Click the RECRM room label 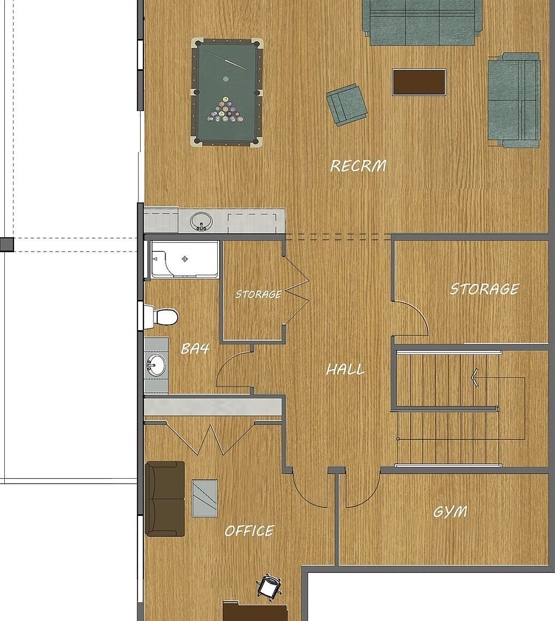pyautogui.click(x=358, y=165)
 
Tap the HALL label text pyautogui.click(x=345, y=369)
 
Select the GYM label pyautogui.click(x=450, y=512)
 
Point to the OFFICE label pyautogui.click(x=249, y=530)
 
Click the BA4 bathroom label pyautogui.click(x=195, y=349)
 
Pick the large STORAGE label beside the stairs pyautogui.click(x=484, y=289)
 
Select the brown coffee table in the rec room pyautogui.click(x=419, y=82)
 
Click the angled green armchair pyautogui.click(x=346, y=105)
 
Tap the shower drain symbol pyautogui.click(x=184, y=259)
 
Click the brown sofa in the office pyautogui.click(x=165, y=498)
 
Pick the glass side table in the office pyautogui.click(x=205, y=498)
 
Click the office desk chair pyautogui.click(x=269, y=586)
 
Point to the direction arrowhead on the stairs pyautogui.click(x=474, y=377)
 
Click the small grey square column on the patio pyautogui.click(x=6, y=244)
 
